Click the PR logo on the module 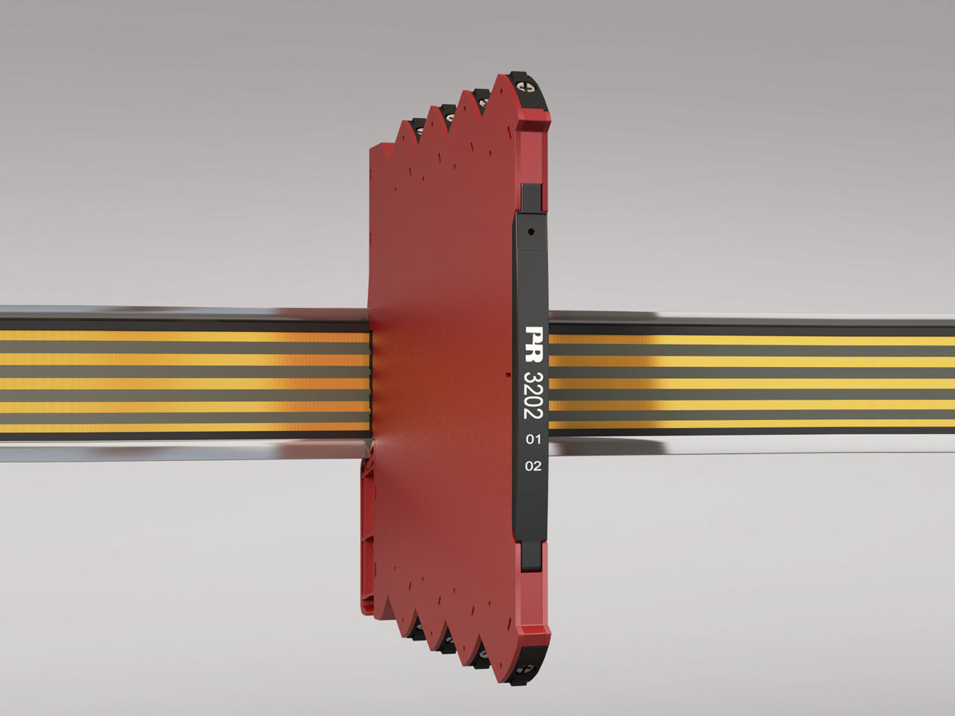click(534, 344)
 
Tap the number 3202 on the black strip click(534, 395)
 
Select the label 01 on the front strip click(533, 439)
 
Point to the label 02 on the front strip click(533, 466)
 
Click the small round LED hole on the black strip click(530, 232)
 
